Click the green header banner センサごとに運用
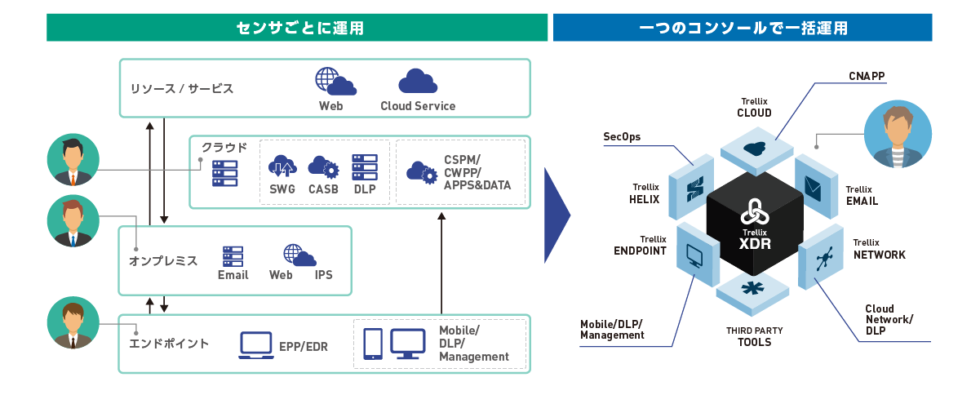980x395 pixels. [x=297, y=28]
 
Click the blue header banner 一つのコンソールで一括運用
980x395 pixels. [x=743, y=28]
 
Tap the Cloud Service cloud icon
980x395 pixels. [x=417, y=82]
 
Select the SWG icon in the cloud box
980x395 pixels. [x=282, y=166]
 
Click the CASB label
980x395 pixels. [x=323, y=189]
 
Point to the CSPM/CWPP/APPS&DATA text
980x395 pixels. [x=477, y=172]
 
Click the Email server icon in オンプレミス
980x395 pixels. [x=233, y=255]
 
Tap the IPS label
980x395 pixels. [x=324, y=275]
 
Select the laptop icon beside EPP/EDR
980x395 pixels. [x=255, y=345]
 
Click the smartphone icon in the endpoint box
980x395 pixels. [x=373, y=344]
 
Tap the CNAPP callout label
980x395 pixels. [x=867, y=76]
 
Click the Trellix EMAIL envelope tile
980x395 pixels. [x=813, y=189]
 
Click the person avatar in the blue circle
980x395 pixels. [x=896, y=135]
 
